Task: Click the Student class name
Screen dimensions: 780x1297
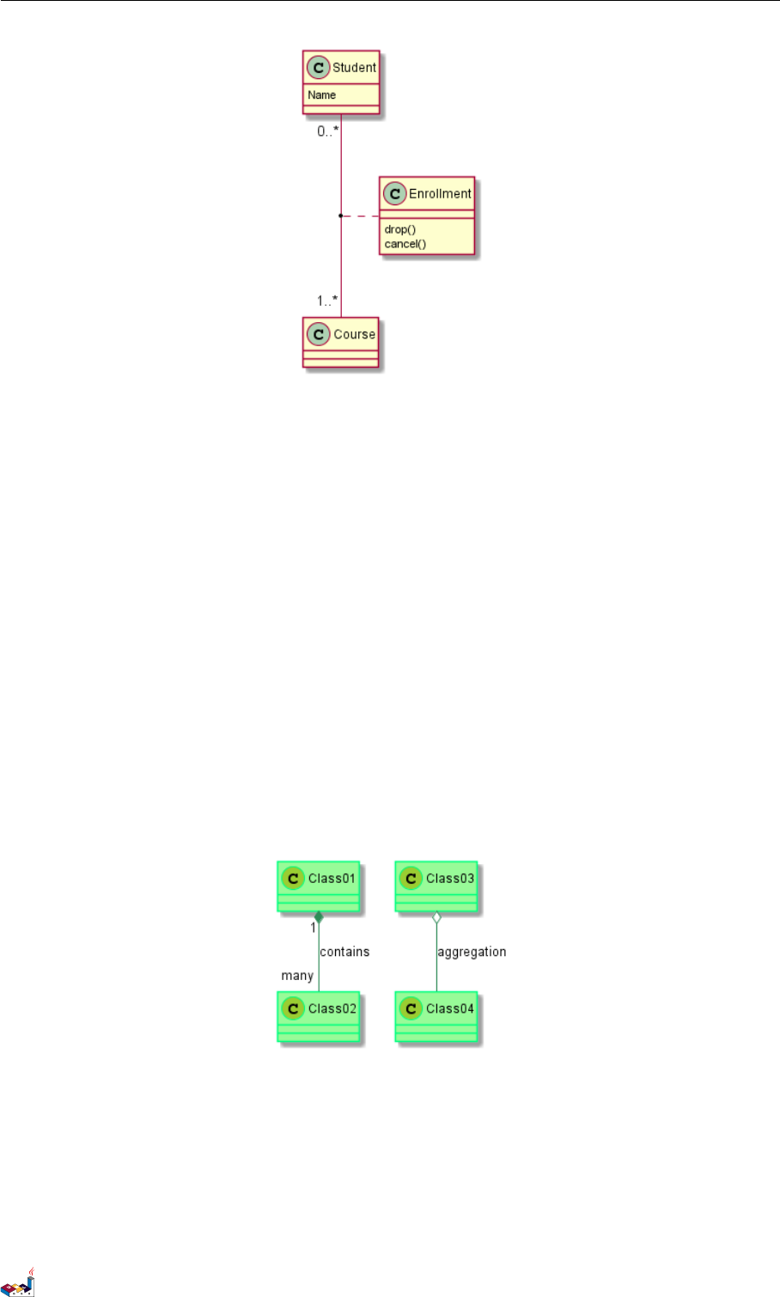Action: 354,68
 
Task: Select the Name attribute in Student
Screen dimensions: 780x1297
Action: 322,95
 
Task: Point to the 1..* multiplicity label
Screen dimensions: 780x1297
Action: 327,301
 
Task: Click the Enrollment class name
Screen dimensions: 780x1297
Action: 440,194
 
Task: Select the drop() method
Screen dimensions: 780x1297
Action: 399,229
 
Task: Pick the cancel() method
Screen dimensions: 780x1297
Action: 405,244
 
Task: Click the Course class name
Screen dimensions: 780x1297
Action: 354,334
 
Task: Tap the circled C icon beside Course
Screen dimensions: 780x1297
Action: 319,334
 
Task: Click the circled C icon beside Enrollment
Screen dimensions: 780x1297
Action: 395,194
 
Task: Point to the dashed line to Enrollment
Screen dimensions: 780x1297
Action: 361,216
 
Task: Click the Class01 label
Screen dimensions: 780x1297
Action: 332,879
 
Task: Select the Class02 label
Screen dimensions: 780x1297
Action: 332,1008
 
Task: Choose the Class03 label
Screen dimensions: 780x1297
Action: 449,879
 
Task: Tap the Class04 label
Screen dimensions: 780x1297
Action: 449,1008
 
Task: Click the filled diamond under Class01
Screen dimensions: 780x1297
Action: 319,917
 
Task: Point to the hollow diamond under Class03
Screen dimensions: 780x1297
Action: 436,918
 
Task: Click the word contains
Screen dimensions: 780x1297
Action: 344,952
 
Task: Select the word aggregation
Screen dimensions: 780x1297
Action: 472,952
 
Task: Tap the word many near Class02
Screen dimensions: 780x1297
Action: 297,976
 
